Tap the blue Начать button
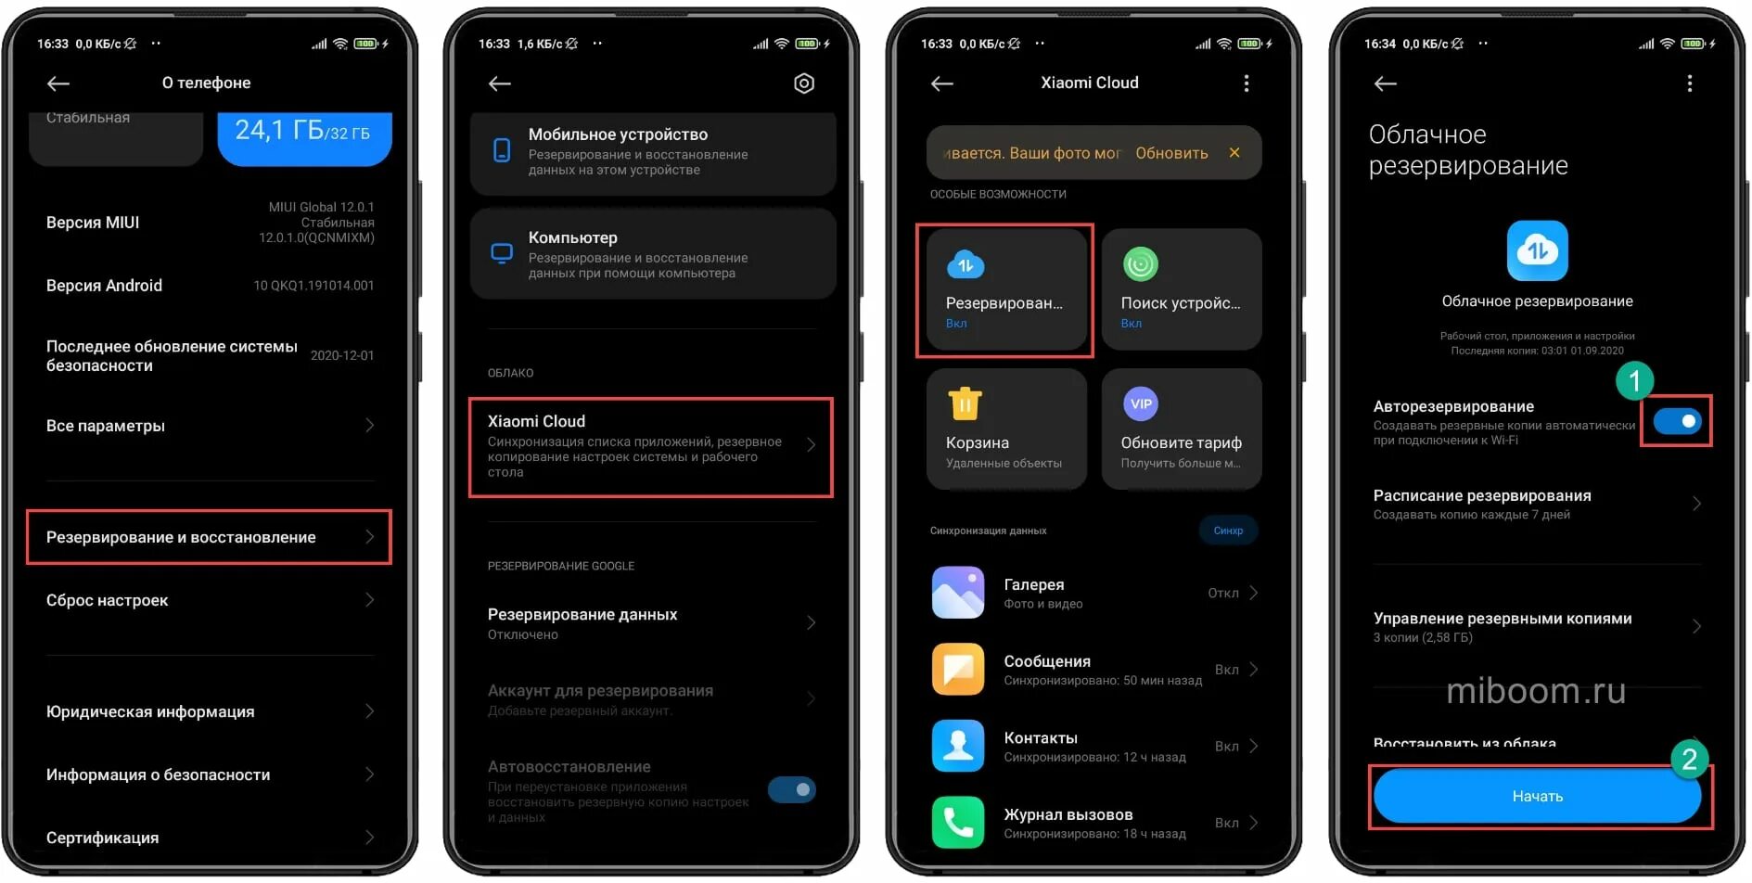(1537, 796)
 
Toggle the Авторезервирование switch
(1677, 421)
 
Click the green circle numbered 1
(1634, 380)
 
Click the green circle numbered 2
(1689, 759)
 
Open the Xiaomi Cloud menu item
(650, 446)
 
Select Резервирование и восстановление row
(209, 537)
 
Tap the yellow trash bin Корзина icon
(965, 403)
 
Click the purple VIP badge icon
(1141, 403)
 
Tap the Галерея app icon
(958, 593)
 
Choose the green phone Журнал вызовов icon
(958, 822)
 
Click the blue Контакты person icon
(958, 746)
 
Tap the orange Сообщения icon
(958, 669)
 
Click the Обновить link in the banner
(1171, 153)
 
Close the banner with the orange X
(1234, 152)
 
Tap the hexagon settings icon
(804, 83)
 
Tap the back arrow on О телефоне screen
(58, 83)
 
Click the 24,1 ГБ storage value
(302, 131)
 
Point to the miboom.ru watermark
(1536, 691)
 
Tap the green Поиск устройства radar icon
(1141, 264)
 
